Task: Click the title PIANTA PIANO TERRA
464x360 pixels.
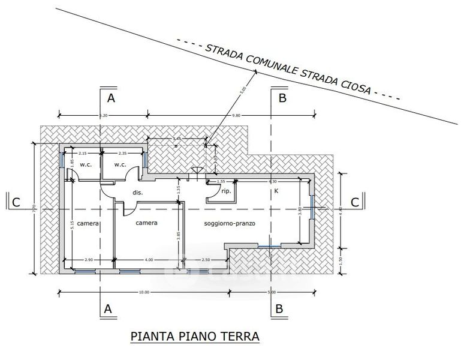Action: (195, 336)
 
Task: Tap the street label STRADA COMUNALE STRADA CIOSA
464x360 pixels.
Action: (288, 69)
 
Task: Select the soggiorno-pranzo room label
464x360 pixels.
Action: (230, 223)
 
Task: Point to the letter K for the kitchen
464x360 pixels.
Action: (276, 190)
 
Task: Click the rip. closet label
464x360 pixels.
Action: (226, 191)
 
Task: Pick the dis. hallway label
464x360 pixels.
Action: (136, 193)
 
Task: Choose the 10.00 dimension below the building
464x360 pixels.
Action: (143, 292)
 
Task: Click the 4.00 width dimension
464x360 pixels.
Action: (149, 259)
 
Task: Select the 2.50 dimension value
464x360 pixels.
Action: (206, 259)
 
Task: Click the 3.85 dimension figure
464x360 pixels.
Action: (178, 236)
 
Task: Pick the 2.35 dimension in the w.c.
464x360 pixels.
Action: (122, 154)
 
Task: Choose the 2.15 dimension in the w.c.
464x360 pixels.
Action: (83, 154)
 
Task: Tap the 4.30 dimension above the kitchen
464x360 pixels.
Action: (273, 181)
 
